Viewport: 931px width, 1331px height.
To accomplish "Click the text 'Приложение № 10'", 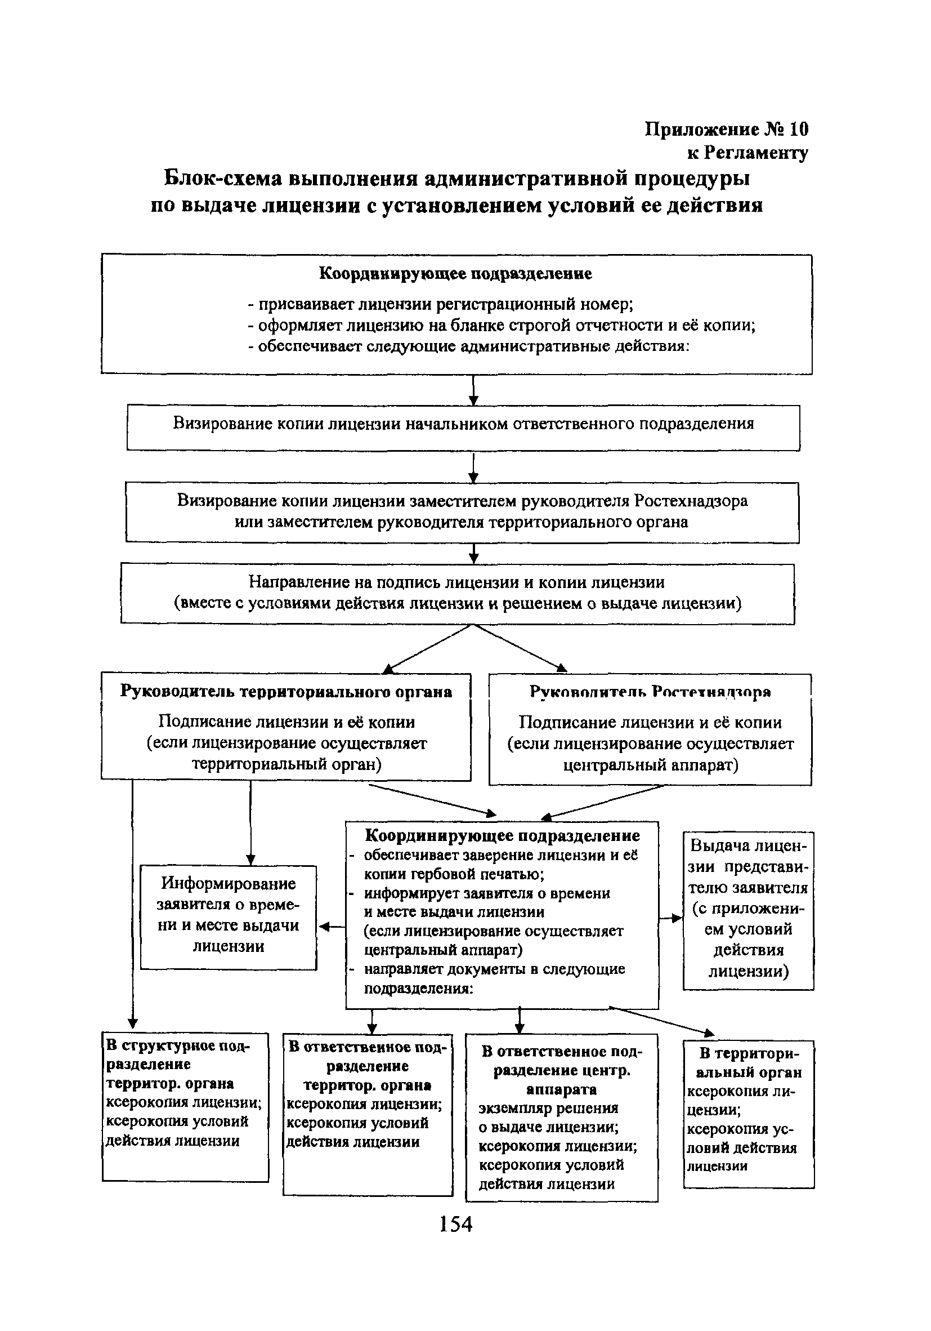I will tap(727, 128).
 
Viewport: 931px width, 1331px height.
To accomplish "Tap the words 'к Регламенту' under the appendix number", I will tap(748, 153).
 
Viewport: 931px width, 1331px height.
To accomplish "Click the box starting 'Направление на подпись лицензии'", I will tap(457, 593).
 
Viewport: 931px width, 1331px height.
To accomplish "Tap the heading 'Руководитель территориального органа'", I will tap(285, 692).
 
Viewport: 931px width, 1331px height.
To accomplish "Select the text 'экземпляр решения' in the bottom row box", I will tap(548, 1108).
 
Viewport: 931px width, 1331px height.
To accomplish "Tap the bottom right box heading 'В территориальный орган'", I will tap(749, 1062).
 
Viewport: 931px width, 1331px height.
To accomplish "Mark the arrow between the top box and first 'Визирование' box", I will tap(473, 390).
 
